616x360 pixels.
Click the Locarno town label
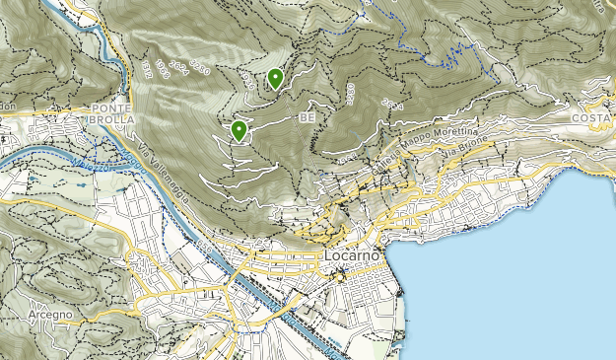coord(349,256)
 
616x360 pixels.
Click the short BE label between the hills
coord(306,118)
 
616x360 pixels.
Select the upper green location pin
coord(275,78)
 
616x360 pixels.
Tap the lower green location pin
coord(239,129)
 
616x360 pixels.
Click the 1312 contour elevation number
coord(147,66)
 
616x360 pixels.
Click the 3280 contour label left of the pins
coord(202,68)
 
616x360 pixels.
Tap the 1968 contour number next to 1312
coord(163,71)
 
